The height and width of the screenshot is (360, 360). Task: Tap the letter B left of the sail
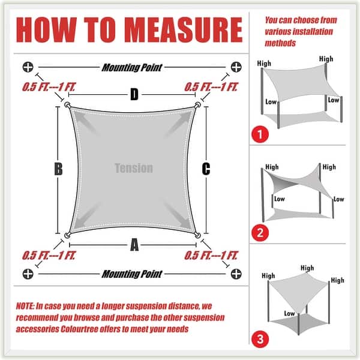click(58, 169)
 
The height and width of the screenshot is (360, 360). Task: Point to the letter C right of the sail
click(206, 169)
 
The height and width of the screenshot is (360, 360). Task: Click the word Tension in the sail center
click(133, 169)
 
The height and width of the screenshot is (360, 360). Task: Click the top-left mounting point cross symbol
click(27, 67)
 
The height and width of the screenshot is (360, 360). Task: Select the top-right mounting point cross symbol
click(236, 67)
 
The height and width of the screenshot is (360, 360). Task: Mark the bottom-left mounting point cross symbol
click(27, 274)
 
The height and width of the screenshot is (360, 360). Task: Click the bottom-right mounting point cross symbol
click(236, 274)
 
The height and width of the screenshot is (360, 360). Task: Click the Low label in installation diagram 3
click(289, 314)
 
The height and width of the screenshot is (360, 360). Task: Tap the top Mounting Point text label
click(131, 67)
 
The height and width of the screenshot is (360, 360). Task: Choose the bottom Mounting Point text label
click(131, 274)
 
